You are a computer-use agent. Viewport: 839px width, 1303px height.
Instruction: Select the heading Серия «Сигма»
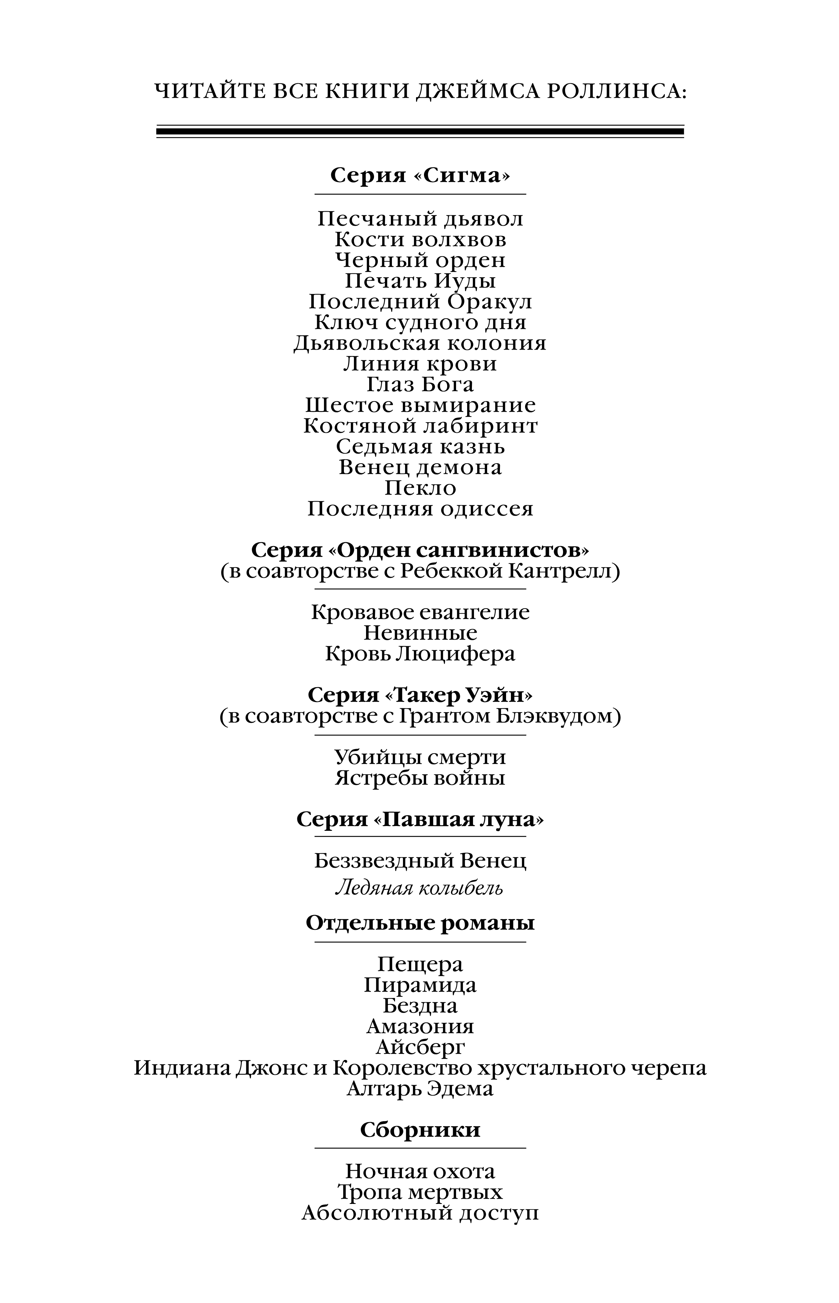pyautogui.click(x=420, y=175)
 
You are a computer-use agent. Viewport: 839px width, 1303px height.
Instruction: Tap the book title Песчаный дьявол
pyautogui.click(x=420, y=219)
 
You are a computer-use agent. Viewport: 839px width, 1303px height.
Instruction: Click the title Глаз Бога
pyautogui.click(x=420, y=385)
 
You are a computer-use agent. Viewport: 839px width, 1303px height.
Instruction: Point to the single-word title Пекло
pyautogui.click(x=420, y=488)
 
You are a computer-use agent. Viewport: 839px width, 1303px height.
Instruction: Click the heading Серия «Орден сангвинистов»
pyautogui.click(x=420, y=551)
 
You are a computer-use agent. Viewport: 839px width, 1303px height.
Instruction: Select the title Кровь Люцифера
pyautogui.click(x=420, y=654)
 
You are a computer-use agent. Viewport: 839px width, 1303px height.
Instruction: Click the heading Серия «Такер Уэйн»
pyautogui.click(x=420, y=696)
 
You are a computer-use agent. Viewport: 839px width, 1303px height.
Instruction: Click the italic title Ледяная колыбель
pyautogui.click(x=419, y=888)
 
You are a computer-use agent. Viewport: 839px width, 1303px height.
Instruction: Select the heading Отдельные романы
pyautogui.click(x=420, y=923)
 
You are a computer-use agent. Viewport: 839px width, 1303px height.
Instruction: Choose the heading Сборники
pyautogui.click(x=420, y=1130)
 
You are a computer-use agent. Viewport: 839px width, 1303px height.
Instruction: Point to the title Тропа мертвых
pyautogui.click(x=420, y=1192)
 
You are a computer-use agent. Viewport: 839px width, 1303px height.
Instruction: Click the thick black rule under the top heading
pyautogui.click(x=420, y=131)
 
